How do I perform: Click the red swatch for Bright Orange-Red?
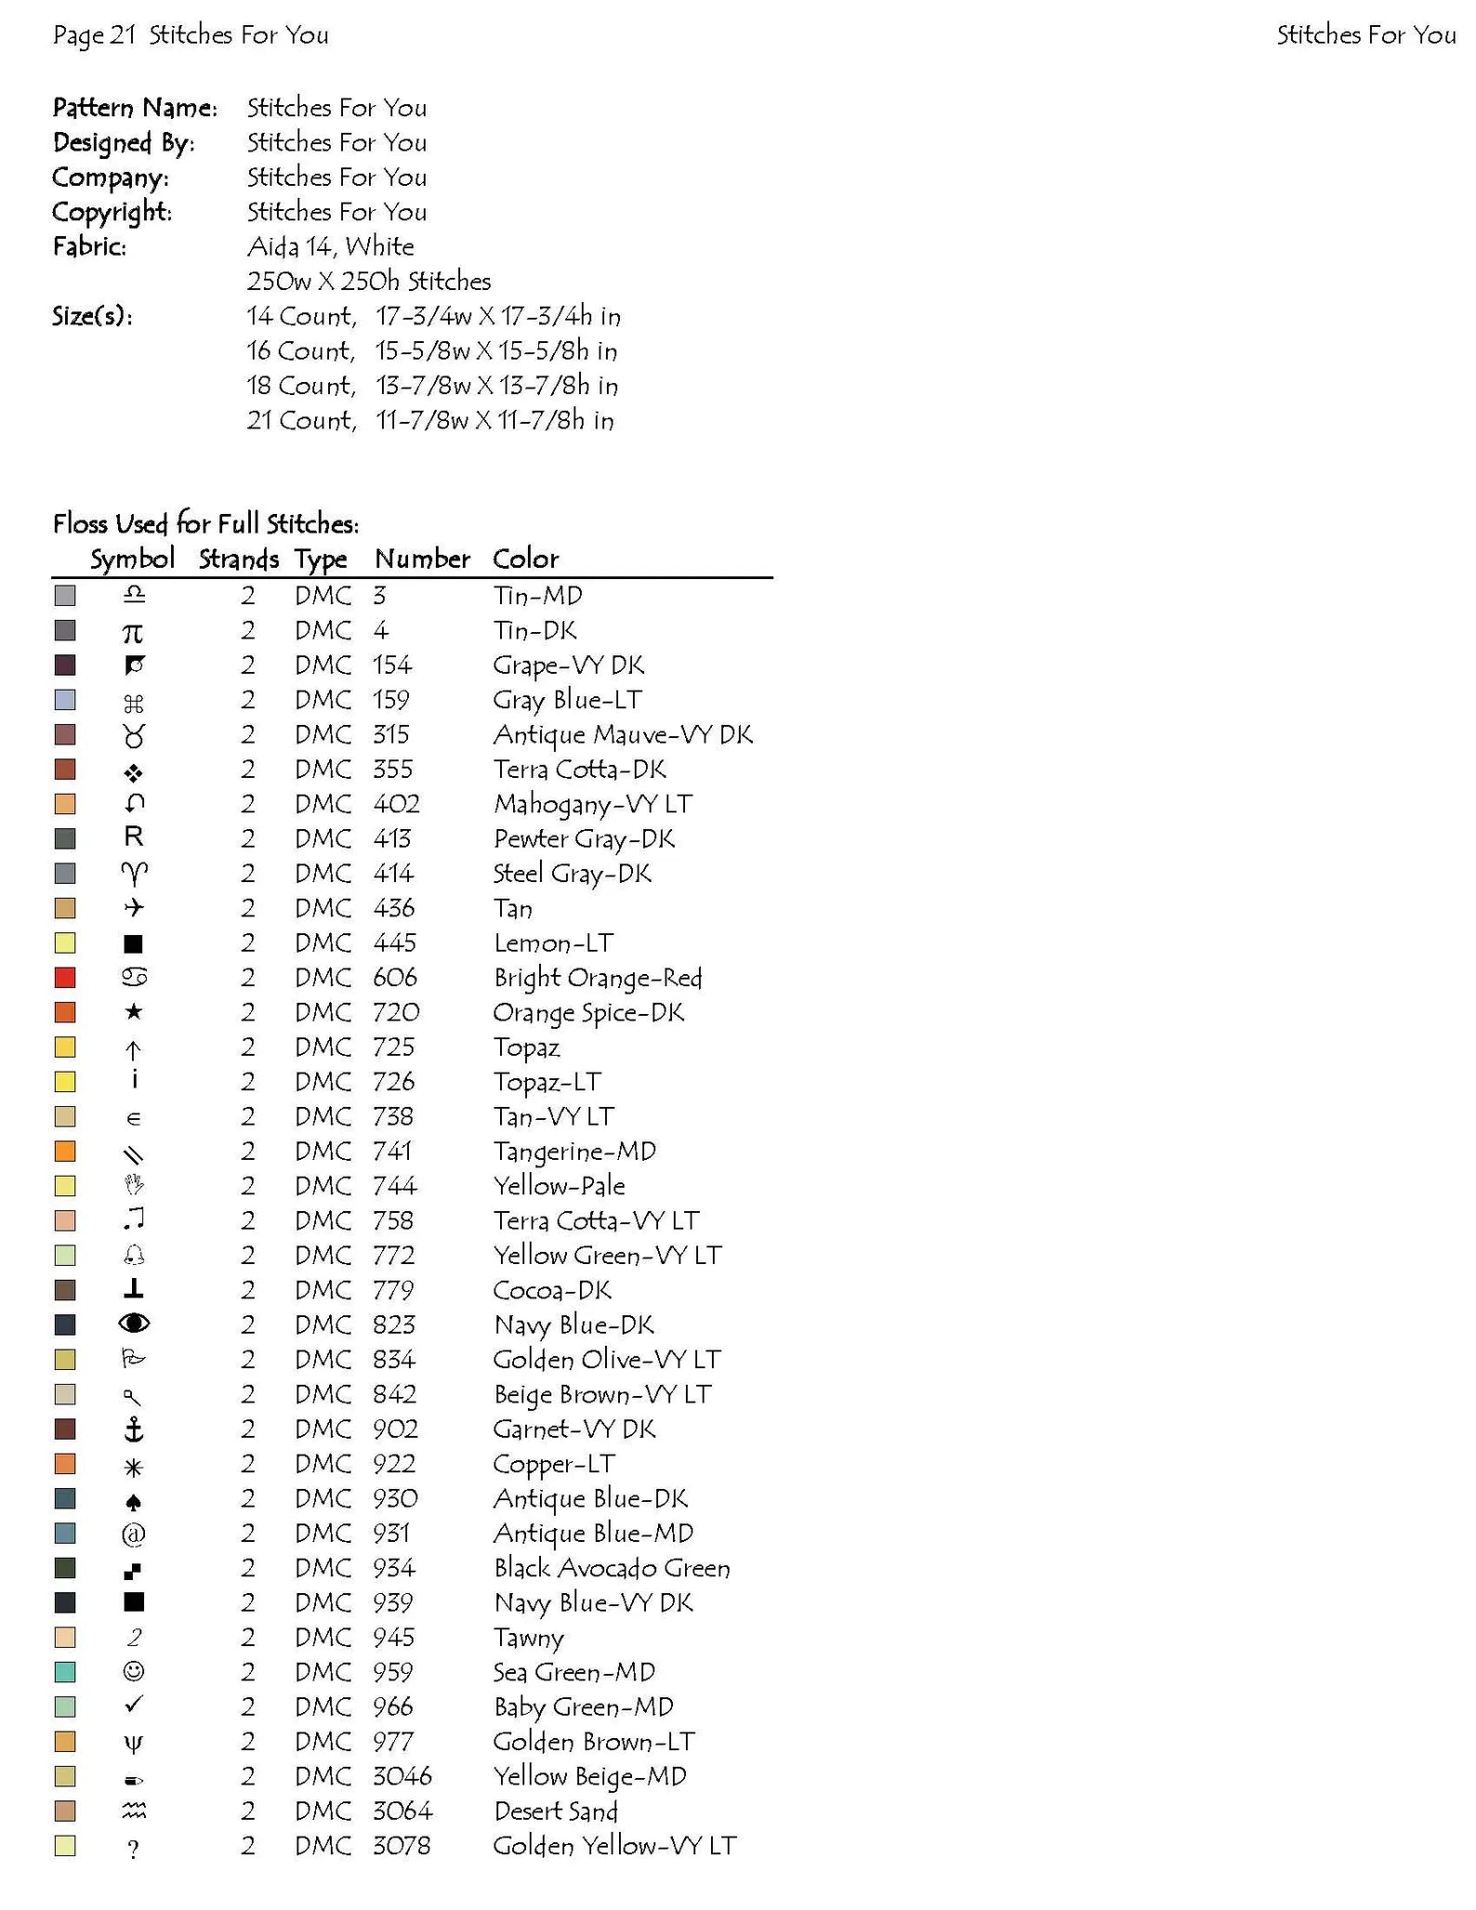[x=65, y=978]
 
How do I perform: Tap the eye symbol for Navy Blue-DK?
[x=134, y=1324]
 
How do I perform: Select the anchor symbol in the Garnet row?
[x=134, y=1429]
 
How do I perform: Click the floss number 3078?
[x=402, y=1845]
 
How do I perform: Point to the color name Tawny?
[x=528, y=1638]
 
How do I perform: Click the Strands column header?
[x=238, y=559]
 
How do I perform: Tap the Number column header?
[x=422, y=559]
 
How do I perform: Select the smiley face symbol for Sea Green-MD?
[x=134, y=1672]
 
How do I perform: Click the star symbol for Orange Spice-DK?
[x=134, y=1012]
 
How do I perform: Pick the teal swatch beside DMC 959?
[x=65, y=1672]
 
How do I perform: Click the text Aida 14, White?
[x=330, y=246]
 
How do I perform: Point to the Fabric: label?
[x=89, y=246]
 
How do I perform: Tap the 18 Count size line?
[x=432, y=386]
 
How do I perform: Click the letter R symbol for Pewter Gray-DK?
[x=134, y=837]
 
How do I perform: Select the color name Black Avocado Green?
[x=612, y=1568]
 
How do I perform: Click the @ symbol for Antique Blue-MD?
[x=134, y=1534]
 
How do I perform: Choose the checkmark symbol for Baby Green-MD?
[x=134, y=1705]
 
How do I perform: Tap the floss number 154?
[x=391, y=665]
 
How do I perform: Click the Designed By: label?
[x=123, y=142]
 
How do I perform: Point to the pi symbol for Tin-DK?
[x=134, y=632]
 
